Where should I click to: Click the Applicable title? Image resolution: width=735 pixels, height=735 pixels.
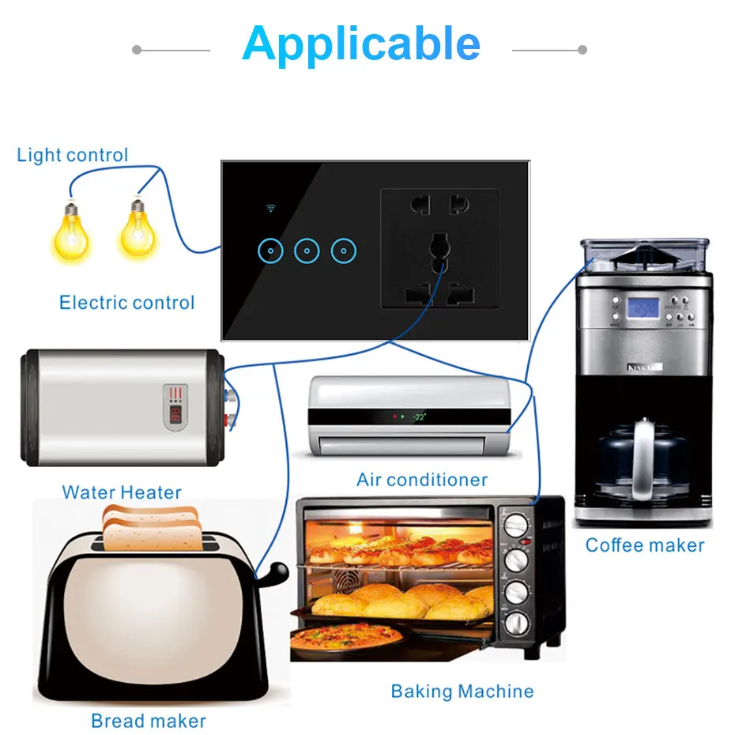pos(361,44)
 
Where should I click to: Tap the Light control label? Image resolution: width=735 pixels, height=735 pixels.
pos(72,155)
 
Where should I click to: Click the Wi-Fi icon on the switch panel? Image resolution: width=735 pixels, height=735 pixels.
pos(270,209)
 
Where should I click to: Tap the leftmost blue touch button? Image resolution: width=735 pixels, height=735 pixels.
pos(270,251)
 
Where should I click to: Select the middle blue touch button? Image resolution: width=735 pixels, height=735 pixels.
pos(307,251)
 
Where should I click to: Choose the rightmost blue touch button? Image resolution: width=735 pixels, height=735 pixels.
pos(344,251)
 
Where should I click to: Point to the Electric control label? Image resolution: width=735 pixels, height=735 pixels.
pos(126,303)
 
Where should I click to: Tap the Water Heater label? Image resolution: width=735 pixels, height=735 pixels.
pos(122,492)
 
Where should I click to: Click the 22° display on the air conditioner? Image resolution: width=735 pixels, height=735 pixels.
pos(419,416)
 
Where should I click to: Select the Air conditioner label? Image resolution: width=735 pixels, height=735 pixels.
pos(422,480)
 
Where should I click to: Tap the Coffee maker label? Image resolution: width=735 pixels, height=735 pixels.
pos(645,545)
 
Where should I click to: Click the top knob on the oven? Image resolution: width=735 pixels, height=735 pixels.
pos(516,526)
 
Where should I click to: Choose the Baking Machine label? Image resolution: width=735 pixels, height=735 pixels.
pos(462,692)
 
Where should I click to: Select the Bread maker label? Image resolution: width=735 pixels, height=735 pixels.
pos(149,721)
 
